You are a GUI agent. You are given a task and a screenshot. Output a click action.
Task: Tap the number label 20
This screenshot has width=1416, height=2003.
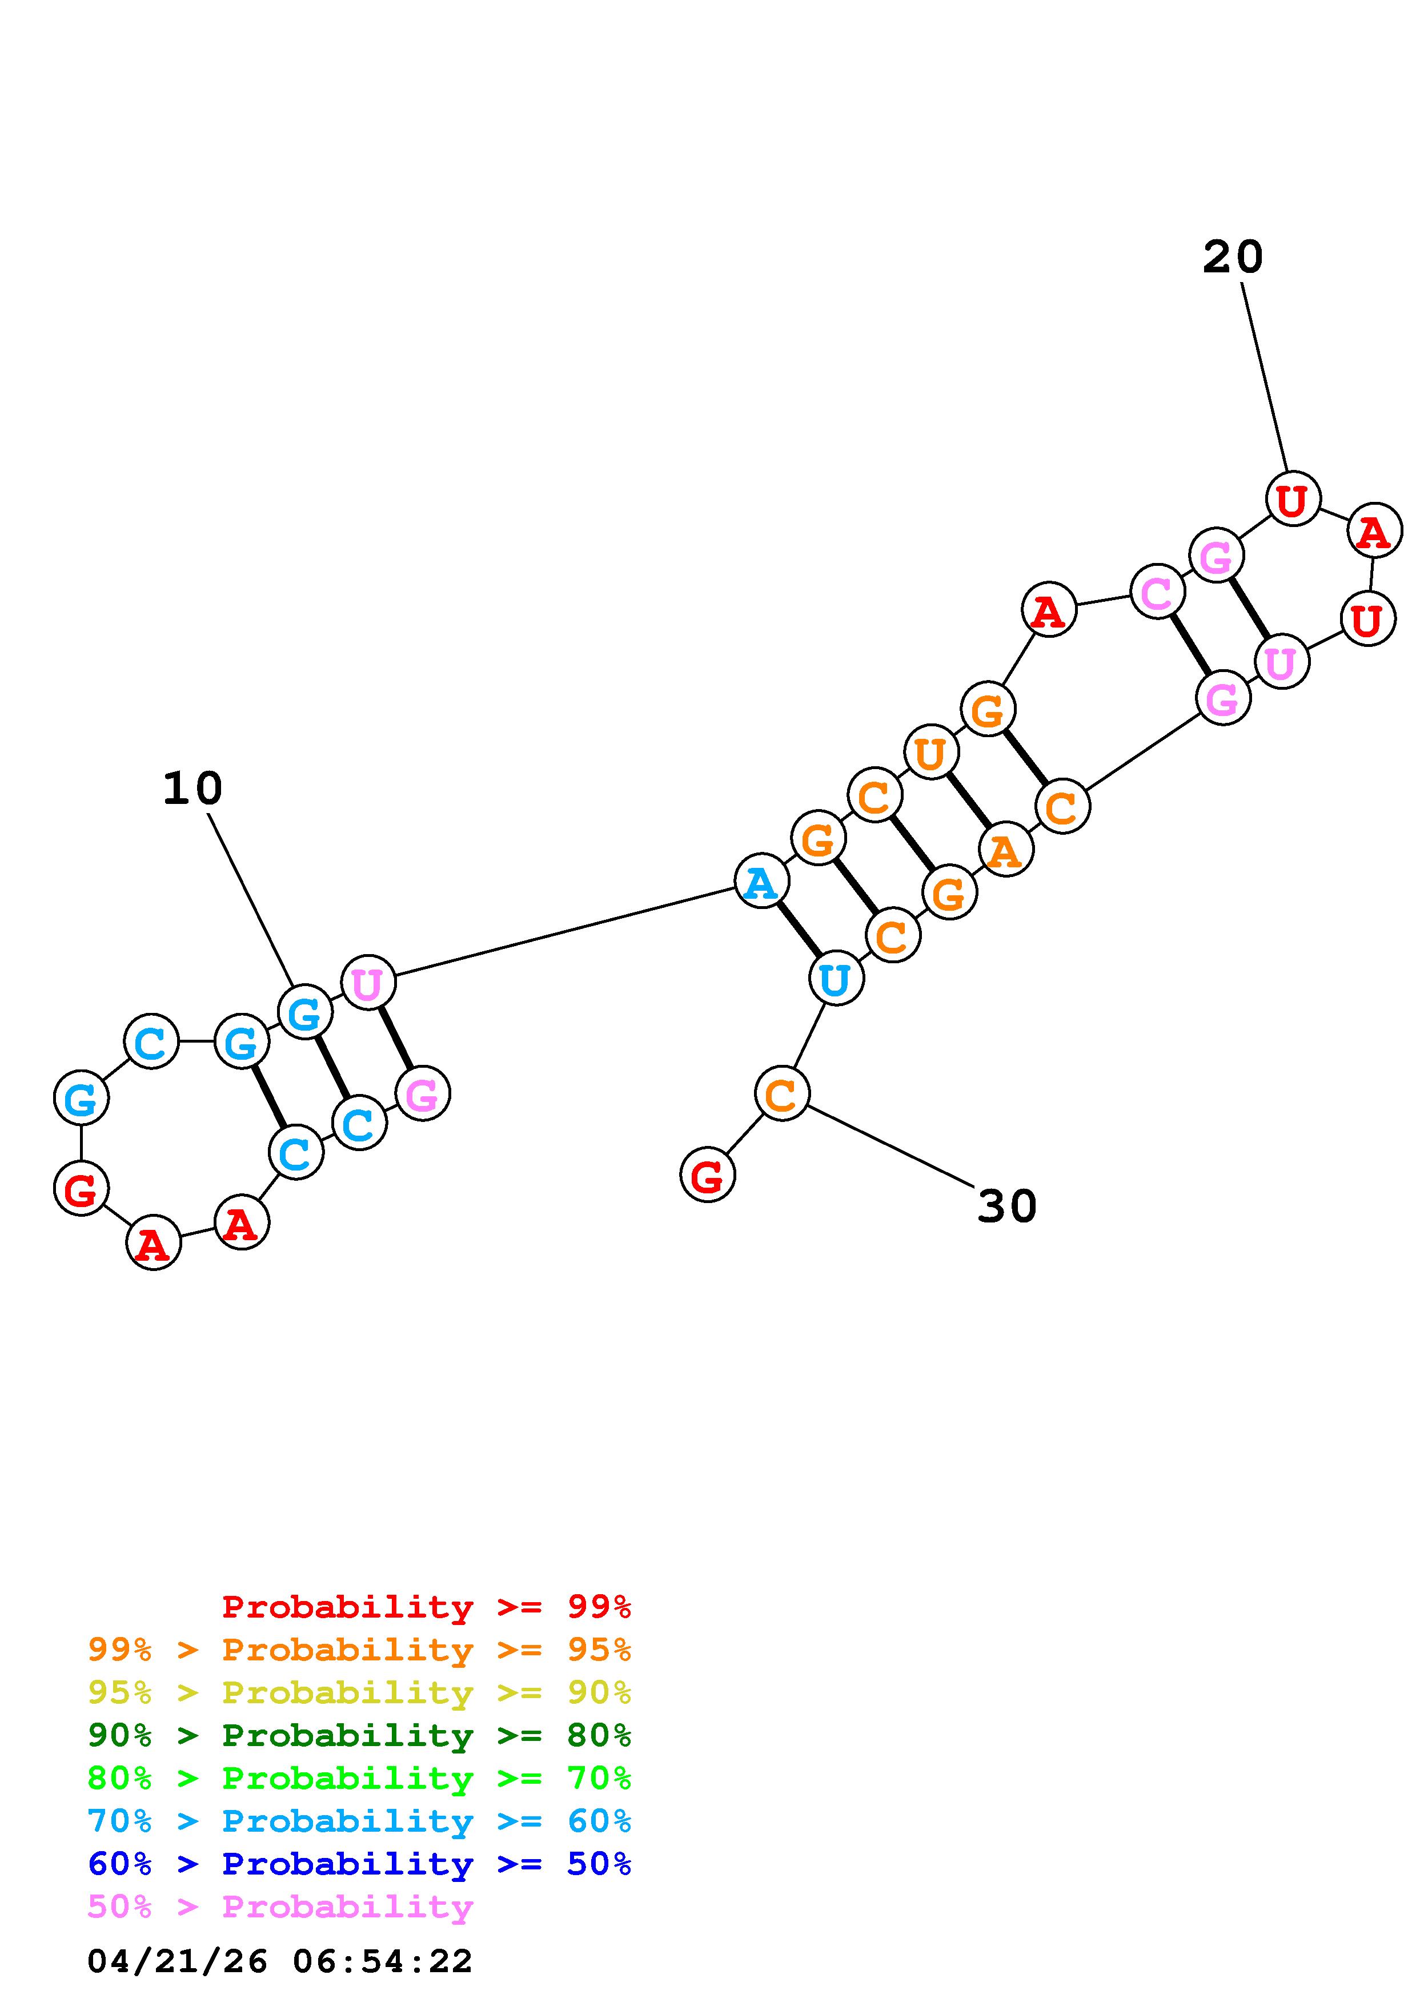pyautogui.click(x=1232, y=258)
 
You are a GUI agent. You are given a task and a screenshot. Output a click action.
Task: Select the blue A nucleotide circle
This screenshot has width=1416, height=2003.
pyautogui.click(x=761, y=882)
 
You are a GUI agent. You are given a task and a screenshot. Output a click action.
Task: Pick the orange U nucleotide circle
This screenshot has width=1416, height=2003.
pyautogui.click(x=931, y=752)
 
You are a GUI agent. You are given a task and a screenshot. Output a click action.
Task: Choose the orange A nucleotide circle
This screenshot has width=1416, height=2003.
pyautogui.click(x=1006, y=850)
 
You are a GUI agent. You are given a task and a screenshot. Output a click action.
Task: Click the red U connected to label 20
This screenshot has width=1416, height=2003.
pyautogui.click(x=1292, y=499)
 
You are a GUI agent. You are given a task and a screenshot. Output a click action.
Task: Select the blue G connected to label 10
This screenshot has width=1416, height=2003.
pyautogui.click(x=304, y=1013)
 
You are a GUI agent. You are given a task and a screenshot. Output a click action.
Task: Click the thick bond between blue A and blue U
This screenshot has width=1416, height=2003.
pyautogui.click(x=799, y=930)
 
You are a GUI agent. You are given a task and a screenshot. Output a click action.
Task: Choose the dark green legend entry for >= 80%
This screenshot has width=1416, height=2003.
pyautogui.click(x=359, y=1735)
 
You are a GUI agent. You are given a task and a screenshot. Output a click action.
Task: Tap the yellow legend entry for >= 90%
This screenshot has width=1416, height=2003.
pyautogui.click(x=359, y=1692)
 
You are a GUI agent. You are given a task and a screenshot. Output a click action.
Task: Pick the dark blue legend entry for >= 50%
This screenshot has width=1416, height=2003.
pyautogui.click(x=359, y=1864)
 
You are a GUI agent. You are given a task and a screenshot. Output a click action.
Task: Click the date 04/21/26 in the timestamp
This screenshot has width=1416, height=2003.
pyautogui.click(x=177, y=1961)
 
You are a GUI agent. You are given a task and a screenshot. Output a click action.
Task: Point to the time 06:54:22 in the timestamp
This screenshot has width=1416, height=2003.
pyautogui.click(x=382, y=1961)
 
